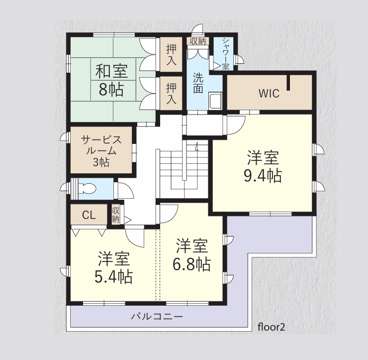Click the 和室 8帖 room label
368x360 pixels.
click(111, 81)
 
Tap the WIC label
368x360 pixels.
click(269, 94)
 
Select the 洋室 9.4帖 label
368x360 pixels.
click(263, 167)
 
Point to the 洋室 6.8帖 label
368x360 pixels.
click(192, 255)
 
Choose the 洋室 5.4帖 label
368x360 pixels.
click(113, 267)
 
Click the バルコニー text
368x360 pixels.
click(157, 317)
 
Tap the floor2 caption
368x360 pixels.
click(272, 327)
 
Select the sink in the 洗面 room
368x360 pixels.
click(215, 101)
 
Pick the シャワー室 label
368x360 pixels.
click(226, 54)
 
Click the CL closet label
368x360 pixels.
click(89, 215)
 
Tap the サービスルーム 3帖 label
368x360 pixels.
click(101, 151)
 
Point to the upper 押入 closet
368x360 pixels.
click(171, 55)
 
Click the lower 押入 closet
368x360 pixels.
click(171, 94)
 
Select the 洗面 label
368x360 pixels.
click(198, 83)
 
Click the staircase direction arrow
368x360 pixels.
click(197, 146)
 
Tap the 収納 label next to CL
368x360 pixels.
click(115, 215)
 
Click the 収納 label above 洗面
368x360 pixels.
click(198, 41)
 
